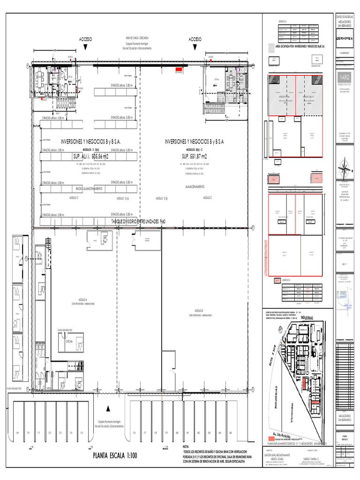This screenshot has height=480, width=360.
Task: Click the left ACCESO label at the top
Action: pyautogui.click(x=86, y=39)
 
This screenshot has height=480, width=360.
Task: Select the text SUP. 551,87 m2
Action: pyautogui.click(x=194, y=156)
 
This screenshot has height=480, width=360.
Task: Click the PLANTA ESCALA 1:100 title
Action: pyautogui.click(x=114, y=454)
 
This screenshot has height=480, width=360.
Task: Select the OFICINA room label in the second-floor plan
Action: pyautogui.click(x=68, y=342)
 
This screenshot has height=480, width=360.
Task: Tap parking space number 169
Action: pyautogui.click(x=17, y=432)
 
